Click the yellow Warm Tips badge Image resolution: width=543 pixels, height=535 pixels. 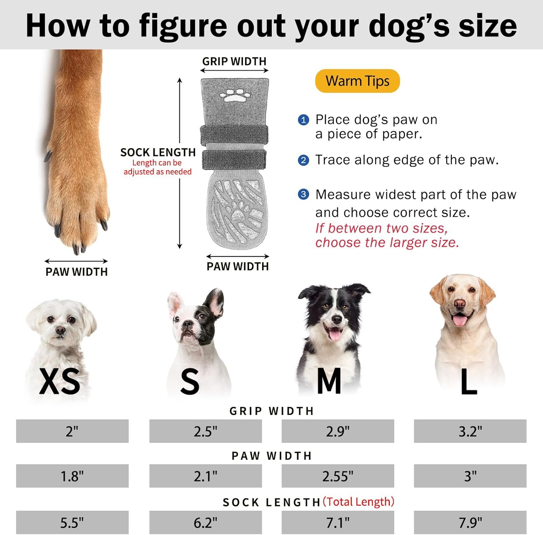point(357,81)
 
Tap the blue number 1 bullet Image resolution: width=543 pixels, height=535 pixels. point(303,120)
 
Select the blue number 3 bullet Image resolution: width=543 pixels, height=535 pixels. point(303,195)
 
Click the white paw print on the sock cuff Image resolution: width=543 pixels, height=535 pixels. point(235,95)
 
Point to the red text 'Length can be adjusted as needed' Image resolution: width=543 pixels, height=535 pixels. point(157,167)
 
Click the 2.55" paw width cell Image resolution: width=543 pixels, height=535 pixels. point(338,476)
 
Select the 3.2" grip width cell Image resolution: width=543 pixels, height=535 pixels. point(470,431)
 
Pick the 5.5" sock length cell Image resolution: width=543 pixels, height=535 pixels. point(72,522)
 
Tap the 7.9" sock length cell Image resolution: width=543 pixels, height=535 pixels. point(470,522)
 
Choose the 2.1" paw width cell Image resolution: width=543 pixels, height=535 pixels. point(206,476)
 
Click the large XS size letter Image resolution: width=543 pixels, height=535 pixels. point(59,381)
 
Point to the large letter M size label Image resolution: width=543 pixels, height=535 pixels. point(329,381)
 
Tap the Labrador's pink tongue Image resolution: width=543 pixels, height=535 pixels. point(460,320)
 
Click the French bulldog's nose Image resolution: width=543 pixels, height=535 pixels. point(187,324)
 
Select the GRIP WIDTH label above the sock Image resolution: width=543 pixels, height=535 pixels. point(234,61)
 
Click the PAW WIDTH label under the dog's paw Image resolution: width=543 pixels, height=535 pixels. point(77,272)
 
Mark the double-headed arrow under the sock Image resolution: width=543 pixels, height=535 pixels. point(238,256)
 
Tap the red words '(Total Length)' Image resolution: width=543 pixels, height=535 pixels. point(358,502)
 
